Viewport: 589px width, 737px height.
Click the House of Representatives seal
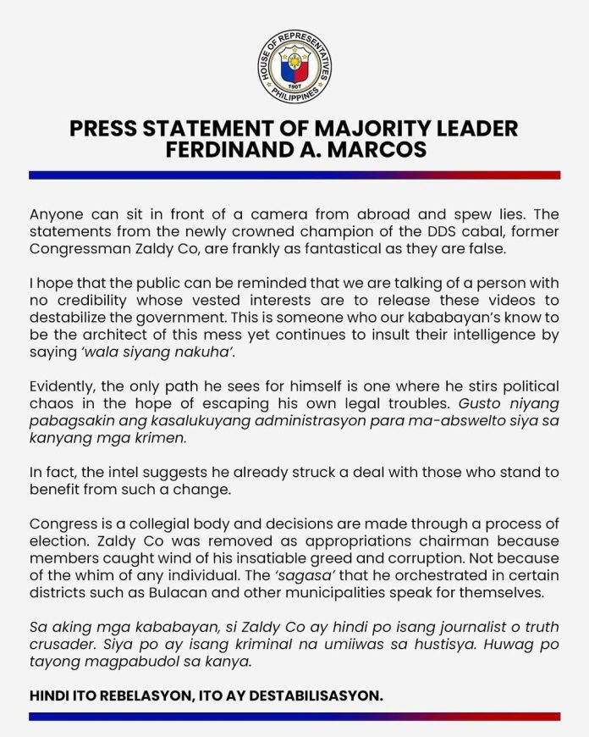pyautogui.click(x=294, y=67)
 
